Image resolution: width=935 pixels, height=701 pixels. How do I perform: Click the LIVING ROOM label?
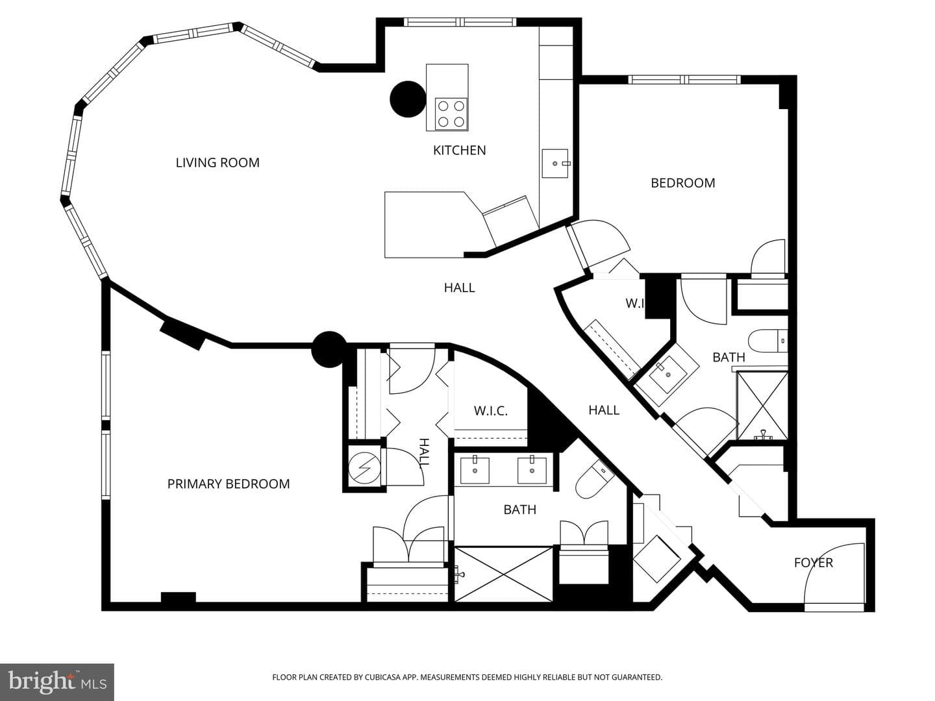[218, 162]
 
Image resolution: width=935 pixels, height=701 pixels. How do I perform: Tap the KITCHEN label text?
[459, 150]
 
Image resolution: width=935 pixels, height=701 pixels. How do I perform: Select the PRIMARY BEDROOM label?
[229, 484]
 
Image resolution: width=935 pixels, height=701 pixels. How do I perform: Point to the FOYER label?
[813, 563]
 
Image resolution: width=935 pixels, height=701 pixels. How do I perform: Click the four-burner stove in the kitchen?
[451, 114]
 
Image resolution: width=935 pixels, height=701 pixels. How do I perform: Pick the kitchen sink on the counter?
[555, 163]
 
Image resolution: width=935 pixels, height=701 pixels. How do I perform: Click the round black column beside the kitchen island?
[408, 99]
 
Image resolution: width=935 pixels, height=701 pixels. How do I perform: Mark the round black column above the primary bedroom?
[329, 349]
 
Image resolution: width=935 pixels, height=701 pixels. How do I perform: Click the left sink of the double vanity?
[475, 469]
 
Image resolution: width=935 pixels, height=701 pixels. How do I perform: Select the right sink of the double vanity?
[532, 469]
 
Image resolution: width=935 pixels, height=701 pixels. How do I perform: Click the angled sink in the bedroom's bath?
[667, 374]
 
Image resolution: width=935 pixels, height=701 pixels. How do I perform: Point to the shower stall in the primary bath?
[503, 574]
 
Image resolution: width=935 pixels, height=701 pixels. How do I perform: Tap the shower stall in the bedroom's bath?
[762, 405]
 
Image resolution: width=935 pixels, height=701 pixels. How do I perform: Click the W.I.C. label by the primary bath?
[491, 411]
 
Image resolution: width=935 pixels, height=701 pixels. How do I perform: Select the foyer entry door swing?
[834, 573]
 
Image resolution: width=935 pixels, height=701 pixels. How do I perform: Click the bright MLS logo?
[57, 682]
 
